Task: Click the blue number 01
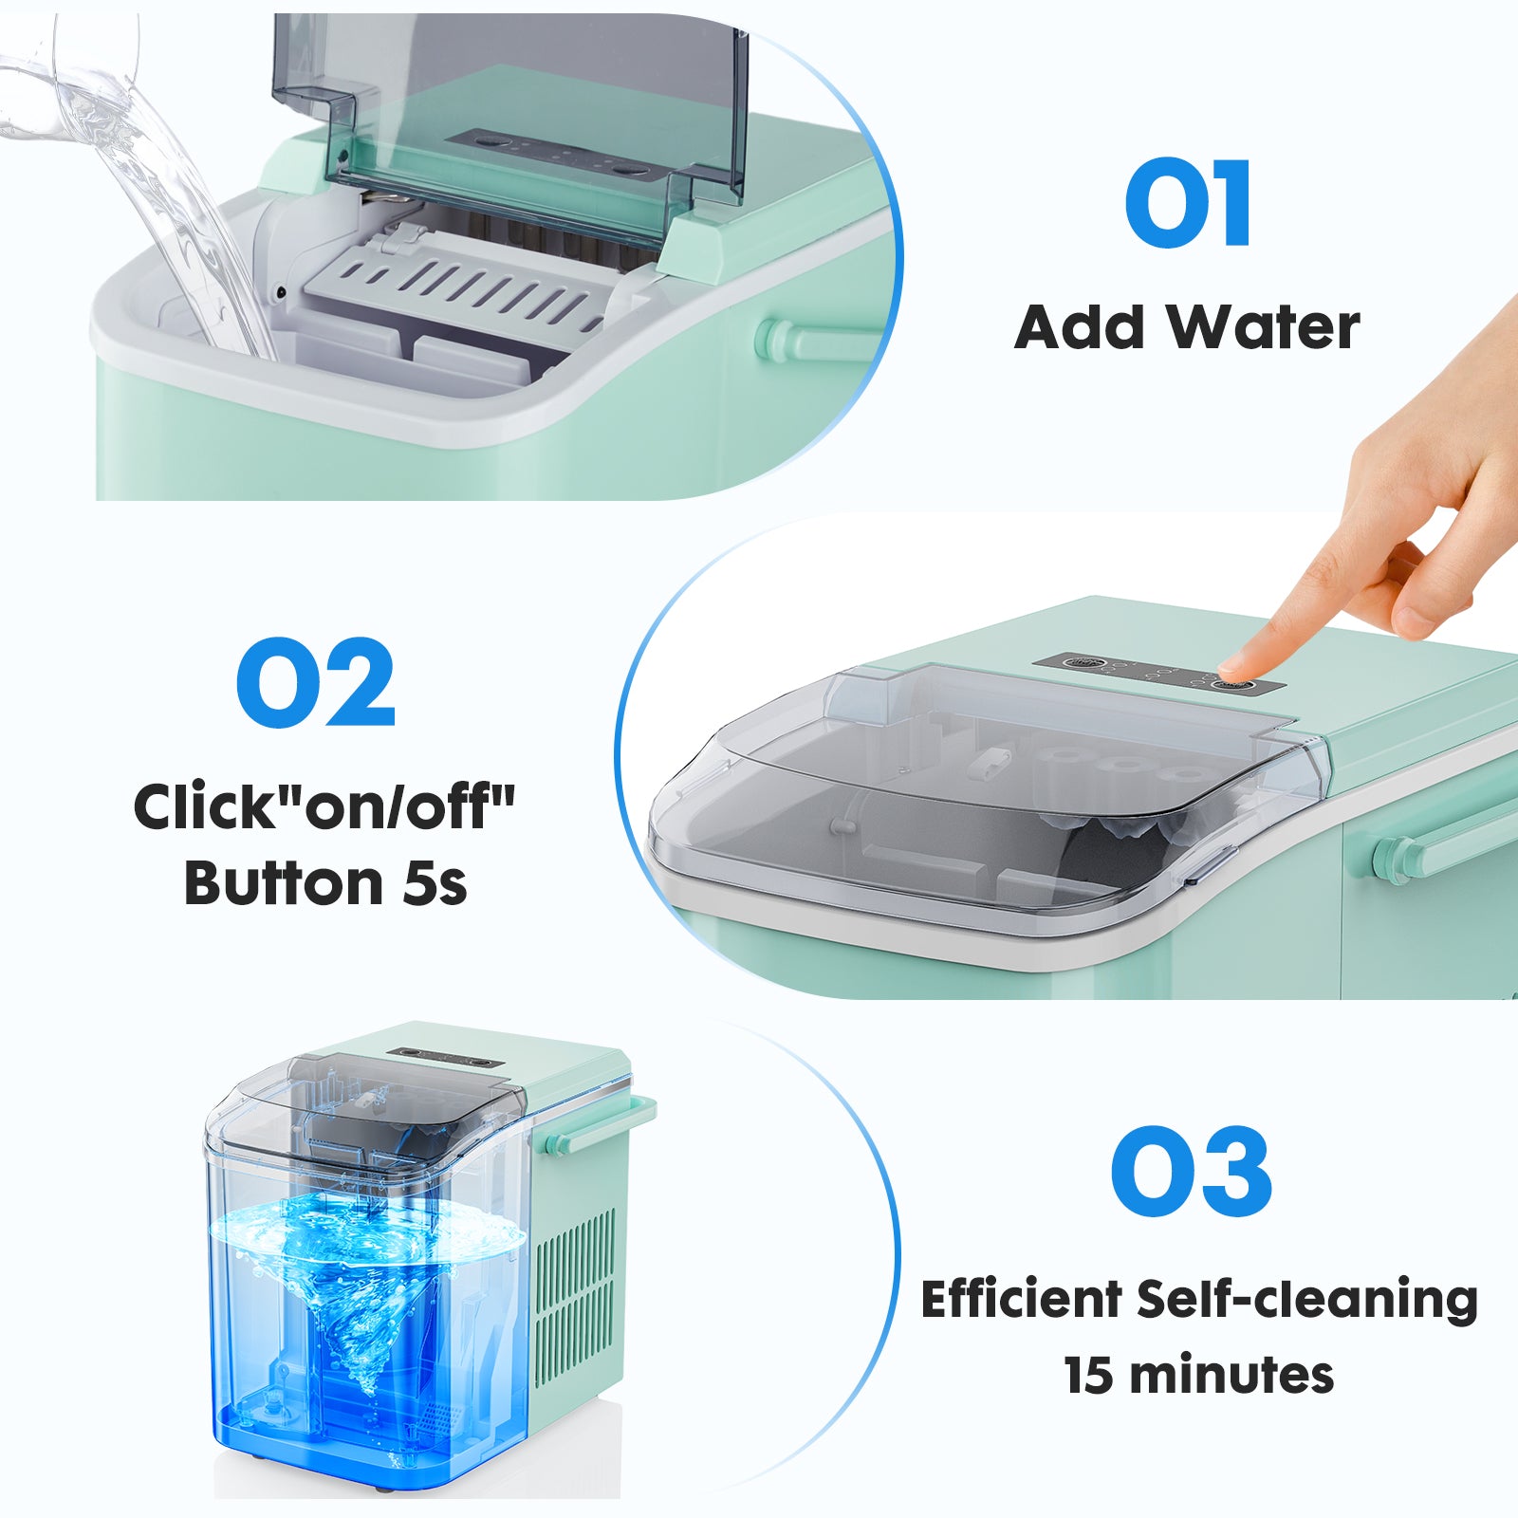1188,203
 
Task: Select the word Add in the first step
1079,328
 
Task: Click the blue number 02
315,683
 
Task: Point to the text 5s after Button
435,884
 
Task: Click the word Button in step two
283,884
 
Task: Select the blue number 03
1191,1173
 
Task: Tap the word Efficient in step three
1021,1299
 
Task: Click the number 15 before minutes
1088,1376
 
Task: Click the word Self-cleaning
1307,1299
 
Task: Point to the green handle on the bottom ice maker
607,1124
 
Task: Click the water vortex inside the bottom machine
365,1290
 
